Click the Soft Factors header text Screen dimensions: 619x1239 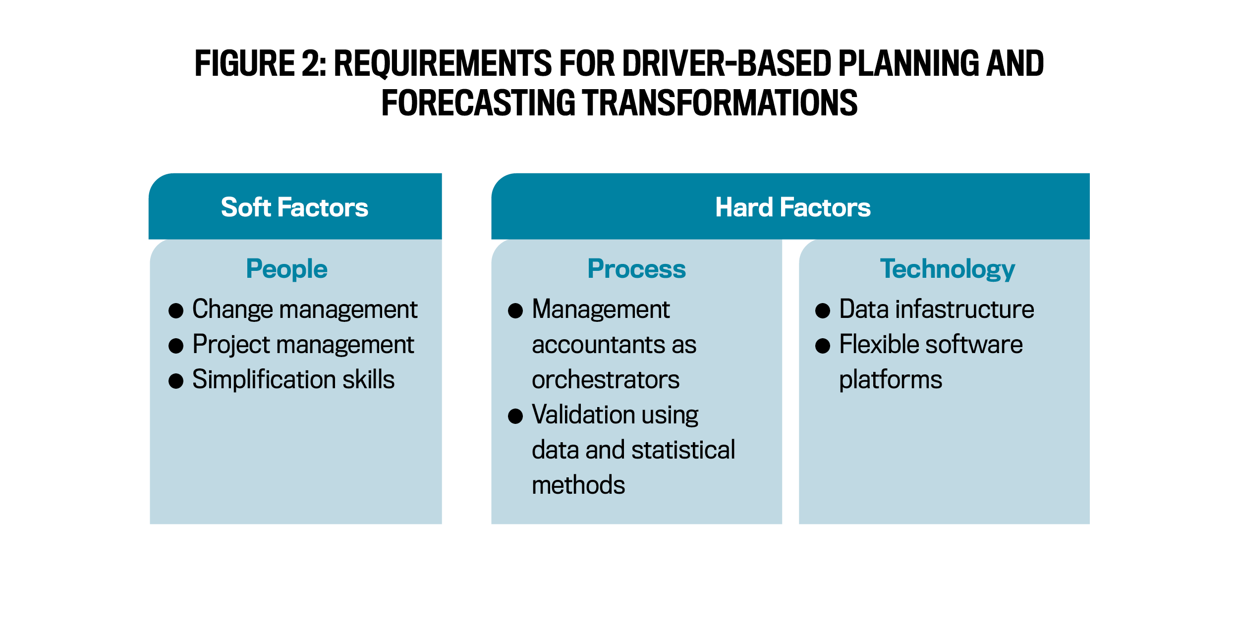point(294,207)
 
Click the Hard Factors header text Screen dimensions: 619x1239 point(792,207)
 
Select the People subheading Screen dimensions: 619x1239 point(286,269)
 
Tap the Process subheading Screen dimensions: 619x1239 point(636,269)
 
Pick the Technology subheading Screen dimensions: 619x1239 point(947,269)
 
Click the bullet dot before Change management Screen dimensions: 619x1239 point(176,310)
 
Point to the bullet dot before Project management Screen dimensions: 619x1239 point(176,346)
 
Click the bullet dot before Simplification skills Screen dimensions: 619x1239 point(176,381)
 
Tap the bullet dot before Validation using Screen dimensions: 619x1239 point(515,416)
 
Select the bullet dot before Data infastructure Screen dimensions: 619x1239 point(823,310)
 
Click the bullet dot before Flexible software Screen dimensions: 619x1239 point(823,346)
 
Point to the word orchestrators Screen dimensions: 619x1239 point(606,380)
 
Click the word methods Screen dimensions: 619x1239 point(578,485)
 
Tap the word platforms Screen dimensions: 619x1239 point(891,380)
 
